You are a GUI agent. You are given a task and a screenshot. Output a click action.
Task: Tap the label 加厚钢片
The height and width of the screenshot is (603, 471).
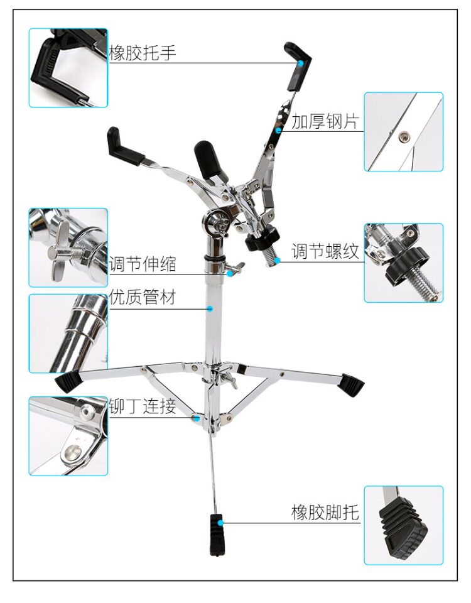point(325,121)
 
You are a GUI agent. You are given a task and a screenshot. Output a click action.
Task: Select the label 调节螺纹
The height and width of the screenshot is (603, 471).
point(325,251)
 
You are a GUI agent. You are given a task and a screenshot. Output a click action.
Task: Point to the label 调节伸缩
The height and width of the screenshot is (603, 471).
point(143,264)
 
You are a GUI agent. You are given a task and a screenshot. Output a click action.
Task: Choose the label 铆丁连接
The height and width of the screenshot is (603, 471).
point(143,406)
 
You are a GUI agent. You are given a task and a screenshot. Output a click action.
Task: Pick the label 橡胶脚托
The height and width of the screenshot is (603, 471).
point(325,512)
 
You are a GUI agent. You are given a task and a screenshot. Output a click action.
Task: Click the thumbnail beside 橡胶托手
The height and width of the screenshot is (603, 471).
point(68,67)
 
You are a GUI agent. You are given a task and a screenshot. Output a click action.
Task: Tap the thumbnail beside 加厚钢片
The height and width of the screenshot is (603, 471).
point(403,132)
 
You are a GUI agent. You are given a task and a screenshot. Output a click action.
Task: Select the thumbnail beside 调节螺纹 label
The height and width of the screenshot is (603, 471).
point(403,263)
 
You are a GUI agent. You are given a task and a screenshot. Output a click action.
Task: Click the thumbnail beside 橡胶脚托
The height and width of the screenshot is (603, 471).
point(403,525)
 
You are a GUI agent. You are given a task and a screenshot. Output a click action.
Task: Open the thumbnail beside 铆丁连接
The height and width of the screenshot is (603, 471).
point(68,435)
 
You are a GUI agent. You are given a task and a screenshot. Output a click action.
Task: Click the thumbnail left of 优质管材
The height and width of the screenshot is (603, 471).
point(68,333)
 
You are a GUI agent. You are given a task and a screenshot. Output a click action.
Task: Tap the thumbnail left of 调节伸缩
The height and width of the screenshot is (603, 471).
point(68,247)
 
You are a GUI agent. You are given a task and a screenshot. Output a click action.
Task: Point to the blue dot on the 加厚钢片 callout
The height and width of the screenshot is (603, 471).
point(278,130)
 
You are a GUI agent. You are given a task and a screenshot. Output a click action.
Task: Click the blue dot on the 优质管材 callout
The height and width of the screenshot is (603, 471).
point(210,308)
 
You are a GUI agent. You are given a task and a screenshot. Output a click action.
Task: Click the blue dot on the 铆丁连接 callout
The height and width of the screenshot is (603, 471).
point(197,416)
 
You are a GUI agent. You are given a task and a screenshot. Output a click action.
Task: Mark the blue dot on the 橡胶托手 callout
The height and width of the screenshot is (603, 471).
point(301,63)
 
